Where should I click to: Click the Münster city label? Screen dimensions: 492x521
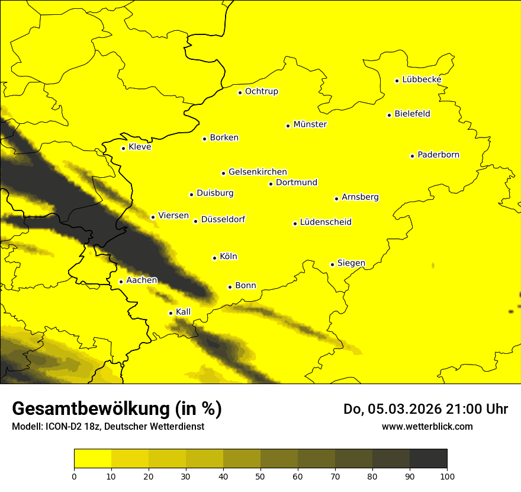(x=310, y=124)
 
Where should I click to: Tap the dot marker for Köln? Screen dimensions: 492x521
(x=214, y=258)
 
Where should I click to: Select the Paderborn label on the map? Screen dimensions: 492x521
(x=439, y=155)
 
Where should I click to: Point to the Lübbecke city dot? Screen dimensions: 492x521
(x=397, y=81)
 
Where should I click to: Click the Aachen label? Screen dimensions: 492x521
(x=142, y=280)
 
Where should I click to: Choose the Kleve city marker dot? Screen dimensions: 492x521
(x=123, y=148)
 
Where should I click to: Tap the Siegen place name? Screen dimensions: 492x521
(x=351, y=263)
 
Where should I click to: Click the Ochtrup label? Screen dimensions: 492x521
(x=262, y=91)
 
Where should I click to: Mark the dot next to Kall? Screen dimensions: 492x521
(x=171, y=313)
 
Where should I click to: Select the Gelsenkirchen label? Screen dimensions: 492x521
(x=258, y=172)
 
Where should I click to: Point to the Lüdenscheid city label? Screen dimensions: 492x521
(x=326, y=222)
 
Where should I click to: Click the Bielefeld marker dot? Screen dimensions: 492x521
(x=389, y=115)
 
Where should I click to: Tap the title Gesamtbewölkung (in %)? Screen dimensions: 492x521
(x=117, y=409)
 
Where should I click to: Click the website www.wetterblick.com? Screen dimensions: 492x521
(x=427, y=426)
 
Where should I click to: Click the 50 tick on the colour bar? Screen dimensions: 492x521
(x=260, y=475)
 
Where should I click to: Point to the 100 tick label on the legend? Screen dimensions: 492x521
(x=447, y=475)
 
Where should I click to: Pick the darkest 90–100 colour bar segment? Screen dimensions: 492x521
(x=428, y=459)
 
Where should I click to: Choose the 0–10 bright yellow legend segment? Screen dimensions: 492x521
(x=92, y=459)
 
